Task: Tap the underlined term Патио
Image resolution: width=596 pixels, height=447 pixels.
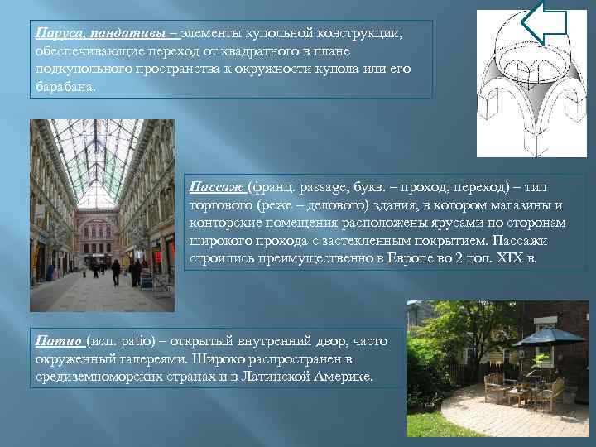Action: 60,340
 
